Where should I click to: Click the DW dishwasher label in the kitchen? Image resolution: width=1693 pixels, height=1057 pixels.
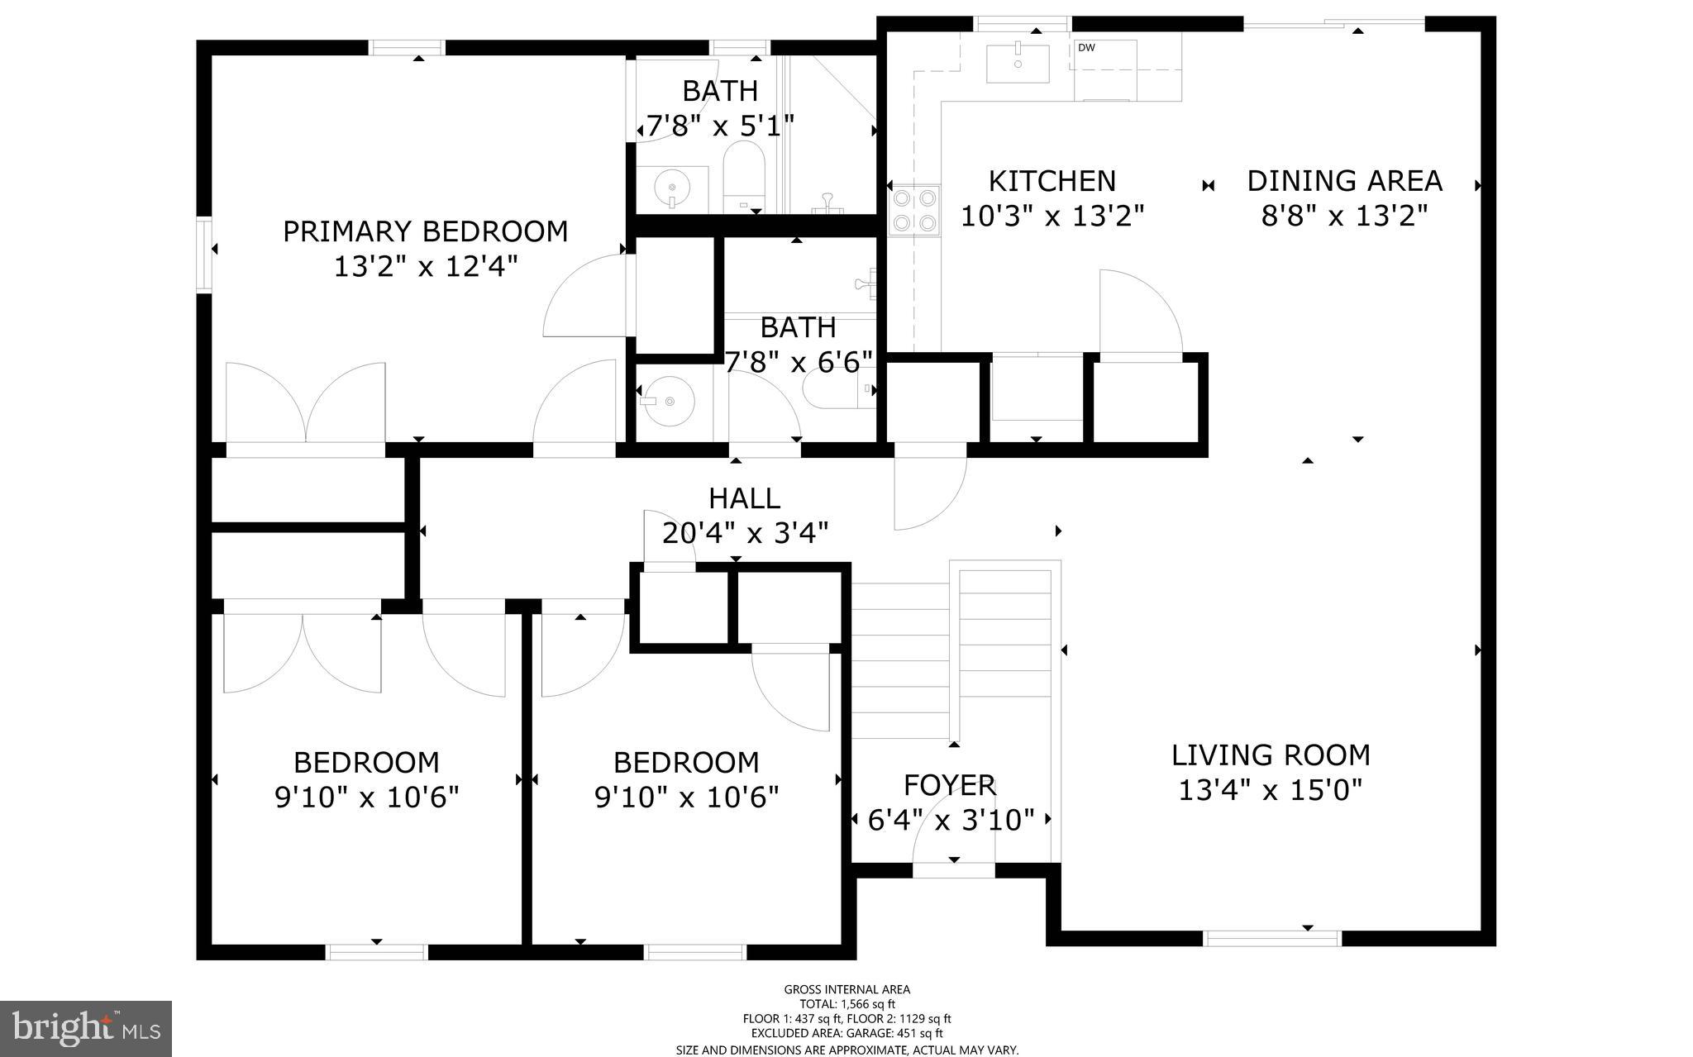1086,48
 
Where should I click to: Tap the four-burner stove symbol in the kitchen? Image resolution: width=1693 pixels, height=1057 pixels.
914,210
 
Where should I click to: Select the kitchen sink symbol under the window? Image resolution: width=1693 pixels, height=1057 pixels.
1018,64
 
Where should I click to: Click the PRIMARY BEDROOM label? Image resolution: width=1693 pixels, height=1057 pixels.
425,231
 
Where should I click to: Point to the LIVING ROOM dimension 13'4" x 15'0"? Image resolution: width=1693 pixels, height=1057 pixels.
1270,791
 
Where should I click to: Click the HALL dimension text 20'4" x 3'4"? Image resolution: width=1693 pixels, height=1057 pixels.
745,534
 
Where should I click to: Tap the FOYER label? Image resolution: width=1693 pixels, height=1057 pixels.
949,784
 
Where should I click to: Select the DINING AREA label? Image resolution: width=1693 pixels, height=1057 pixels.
1344,181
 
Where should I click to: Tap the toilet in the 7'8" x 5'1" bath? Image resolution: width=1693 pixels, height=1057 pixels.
744,174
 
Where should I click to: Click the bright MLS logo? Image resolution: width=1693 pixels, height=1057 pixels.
86,1028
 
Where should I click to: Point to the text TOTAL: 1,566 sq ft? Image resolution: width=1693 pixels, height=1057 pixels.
846,1004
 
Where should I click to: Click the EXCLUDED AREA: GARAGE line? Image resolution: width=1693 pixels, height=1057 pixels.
846,1033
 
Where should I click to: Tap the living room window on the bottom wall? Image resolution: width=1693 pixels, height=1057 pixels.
1271,938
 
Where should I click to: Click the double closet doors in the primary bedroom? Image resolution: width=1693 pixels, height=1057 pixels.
306,405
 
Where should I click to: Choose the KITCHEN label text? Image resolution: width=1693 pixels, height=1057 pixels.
1052,181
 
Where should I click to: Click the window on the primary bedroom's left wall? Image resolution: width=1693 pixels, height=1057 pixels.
203,255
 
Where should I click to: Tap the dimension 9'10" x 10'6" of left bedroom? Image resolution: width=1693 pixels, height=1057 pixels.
366,798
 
